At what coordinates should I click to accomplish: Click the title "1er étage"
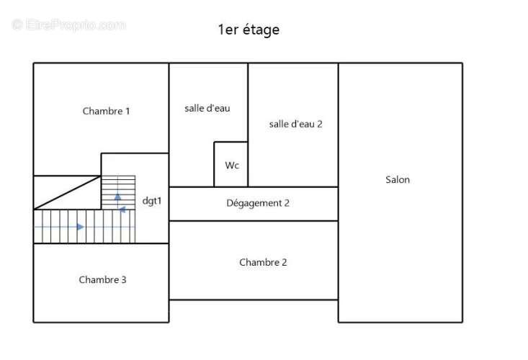(x=249, y=30)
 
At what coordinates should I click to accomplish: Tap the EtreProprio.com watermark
(x=68, y=25)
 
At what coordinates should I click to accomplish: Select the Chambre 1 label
(x=106, y=111)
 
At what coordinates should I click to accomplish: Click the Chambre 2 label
(x=263, y=262)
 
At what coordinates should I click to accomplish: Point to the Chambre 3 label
(x=102, y=279)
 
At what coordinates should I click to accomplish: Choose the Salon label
(x=398, y=180)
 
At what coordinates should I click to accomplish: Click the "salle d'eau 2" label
(x=295, y=124)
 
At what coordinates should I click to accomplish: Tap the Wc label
(x=232, y=165)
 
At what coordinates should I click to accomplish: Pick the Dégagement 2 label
(x=258, y=203)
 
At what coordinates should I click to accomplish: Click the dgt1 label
(x=152, y=201)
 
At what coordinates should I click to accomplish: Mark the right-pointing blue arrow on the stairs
(x=81, y=227)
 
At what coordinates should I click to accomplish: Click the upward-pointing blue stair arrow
(x=117, y=197)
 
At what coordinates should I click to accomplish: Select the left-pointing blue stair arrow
(x=122, y=210)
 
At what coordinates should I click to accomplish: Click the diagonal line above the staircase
(x=67, y=192)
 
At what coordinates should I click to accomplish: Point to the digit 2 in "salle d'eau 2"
(x=320, y=124)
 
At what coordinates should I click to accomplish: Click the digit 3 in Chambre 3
(x=124, y=279)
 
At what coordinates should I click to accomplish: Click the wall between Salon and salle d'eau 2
(x=338, y=125)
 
